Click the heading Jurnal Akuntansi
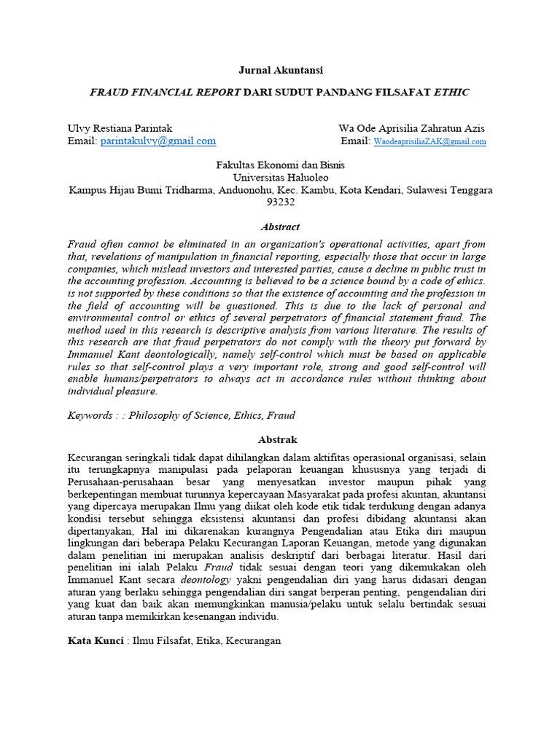click(x=281, y=70)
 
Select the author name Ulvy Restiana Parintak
click(x=120, y=128)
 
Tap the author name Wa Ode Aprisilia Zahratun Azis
click(x=411, y=128)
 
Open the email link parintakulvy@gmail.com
click(x=158, y=141)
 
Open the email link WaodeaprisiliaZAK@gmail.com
click(x=429, y=141)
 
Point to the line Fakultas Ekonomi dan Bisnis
click(x=281, y=165)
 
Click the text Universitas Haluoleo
click(x=281, y=177)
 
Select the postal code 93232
click(x=281, y=202)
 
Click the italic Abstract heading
click(x=281, y=227)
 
